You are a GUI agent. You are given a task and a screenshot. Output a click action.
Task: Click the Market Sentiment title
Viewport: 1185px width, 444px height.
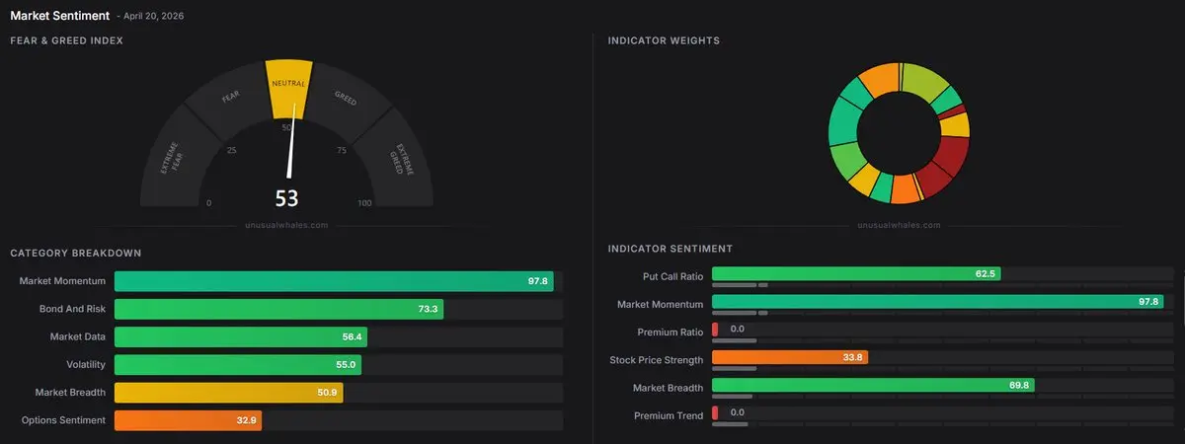tap(59, 16)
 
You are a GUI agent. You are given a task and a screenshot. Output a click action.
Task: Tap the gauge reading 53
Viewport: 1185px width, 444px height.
tap(286, 198)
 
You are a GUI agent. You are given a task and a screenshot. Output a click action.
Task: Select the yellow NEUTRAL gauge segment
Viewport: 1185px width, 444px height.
tap(288, 88)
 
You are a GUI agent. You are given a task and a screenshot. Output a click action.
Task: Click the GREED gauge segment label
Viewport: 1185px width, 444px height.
tap(346, 99)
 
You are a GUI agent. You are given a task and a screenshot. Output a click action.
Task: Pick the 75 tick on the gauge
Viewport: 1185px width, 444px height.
tap(341, 151)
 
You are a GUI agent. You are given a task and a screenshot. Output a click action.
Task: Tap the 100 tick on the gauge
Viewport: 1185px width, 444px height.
tap(364, 203)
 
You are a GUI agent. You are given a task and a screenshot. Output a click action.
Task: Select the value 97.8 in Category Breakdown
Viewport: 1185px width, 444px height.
tap(537, 281)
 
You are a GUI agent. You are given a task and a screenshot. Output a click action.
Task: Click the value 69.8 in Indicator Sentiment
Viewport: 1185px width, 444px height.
tap(1018, 385)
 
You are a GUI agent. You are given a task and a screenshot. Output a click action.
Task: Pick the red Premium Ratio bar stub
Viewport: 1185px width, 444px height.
tap(714, 329)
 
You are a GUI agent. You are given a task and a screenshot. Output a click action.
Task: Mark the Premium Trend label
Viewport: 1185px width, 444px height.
tap(669, 415)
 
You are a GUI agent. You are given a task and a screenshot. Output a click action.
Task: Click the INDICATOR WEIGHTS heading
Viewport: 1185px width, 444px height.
tap(664, 40)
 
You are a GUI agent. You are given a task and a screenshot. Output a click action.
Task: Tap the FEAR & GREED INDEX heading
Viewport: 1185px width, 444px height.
tap(66, 40)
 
